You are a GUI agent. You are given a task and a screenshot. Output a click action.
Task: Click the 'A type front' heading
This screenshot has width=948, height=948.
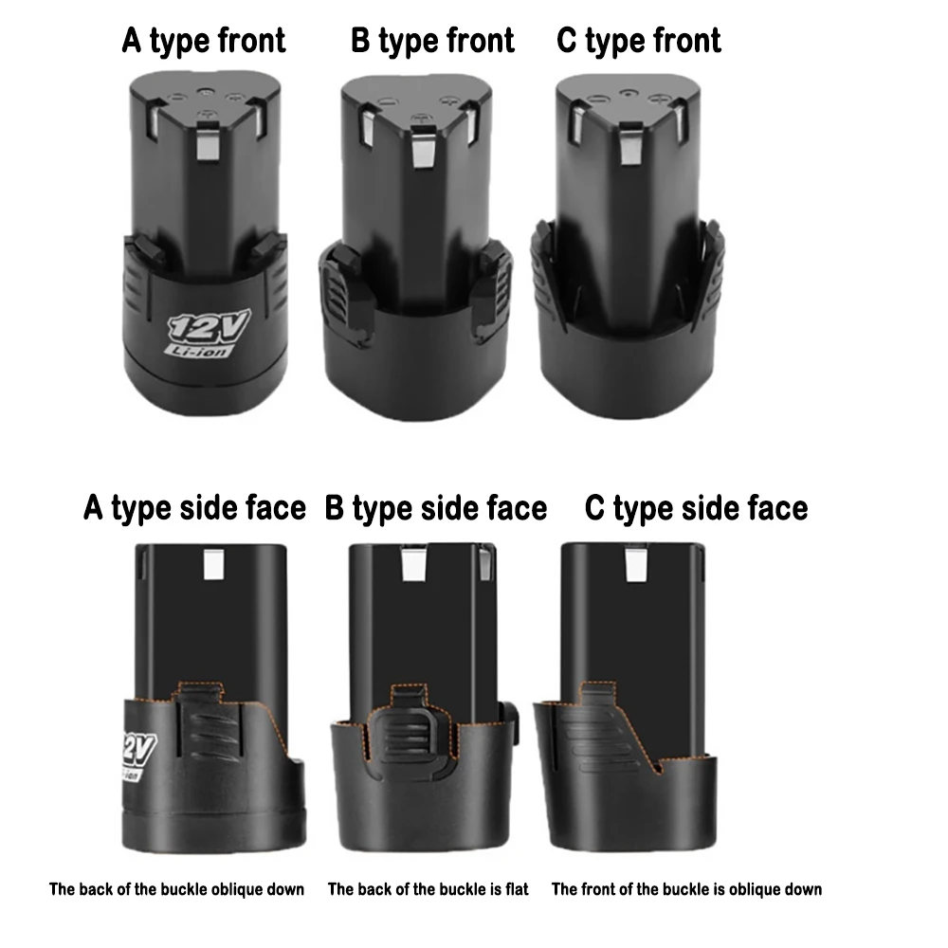[204, 41]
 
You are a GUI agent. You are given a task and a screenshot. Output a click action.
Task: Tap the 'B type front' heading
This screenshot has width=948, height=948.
[432, 41]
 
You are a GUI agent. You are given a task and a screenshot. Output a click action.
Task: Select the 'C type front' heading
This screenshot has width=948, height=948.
[639, 41]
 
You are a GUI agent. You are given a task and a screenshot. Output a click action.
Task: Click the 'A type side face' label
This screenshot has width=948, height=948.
[195, 508]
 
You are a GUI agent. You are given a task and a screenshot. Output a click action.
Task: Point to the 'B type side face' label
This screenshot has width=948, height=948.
[436, 508]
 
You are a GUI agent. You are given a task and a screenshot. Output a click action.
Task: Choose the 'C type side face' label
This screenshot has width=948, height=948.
[697, 508]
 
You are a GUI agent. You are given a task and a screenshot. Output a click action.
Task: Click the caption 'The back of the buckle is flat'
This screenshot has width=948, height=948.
[428, 889]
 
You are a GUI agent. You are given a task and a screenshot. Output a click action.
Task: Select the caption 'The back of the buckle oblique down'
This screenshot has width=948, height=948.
[177, 889]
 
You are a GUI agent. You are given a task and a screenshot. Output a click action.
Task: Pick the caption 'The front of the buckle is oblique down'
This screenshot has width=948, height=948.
[687, 889]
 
